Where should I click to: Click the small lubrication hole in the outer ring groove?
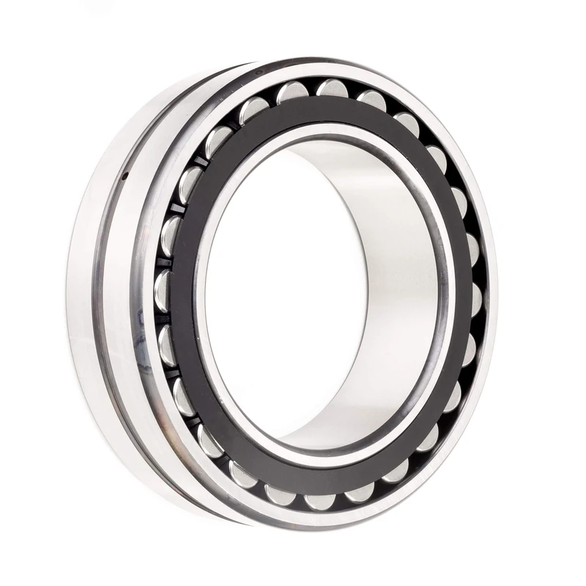[x=125, y=176]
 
